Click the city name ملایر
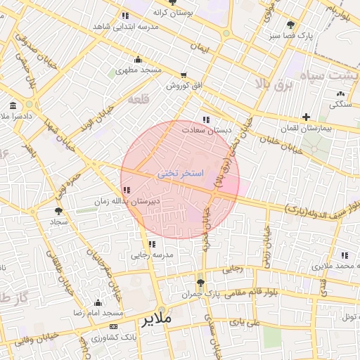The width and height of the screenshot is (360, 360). pos(156,321)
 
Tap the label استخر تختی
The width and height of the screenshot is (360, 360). pos(180,172)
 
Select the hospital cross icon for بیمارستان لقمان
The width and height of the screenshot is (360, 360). pos(306,117)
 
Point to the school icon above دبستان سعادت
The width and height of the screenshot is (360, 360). pos(206,120)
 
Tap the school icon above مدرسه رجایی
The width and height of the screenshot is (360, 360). pos(152,244)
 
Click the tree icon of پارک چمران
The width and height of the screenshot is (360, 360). pos(201,283)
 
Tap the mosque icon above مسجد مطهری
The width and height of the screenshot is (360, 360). pos(137,60)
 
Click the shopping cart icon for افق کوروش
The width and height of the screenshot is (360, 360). pos(184,75)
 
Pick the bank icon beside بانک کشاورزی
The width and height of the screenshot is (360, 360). pos(114,326)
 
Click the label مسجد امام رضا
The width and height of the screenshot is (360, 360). pos(100,311)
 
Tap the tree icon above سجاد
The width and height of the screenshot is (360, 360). pos(58,210)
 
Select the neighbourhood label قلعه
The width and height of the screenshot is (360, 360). pos(139,99)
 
